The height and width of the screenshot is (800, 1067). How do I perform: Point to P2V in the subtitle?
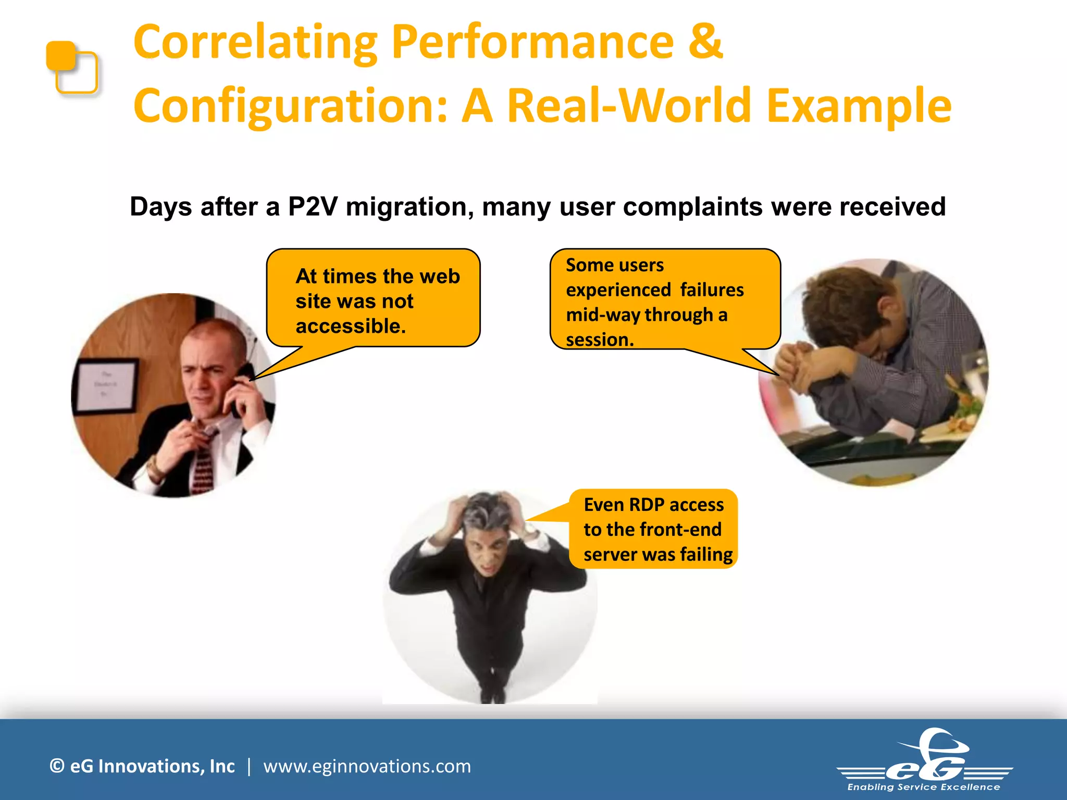tap(313, 207)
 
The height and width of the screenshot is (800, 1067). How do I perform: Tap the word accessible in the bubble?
tap(350, 327)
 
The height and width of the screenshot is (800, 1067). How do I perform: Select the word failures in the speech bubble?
tap(712, 290)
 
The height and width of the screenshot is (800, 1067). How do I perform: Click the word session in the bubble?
tap(599, 340)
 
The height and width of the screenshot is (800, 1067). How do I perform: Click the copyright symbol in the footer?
tap(57, 766)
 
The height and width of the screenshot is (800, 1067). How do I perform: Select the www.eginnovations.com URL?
tap(367, 766)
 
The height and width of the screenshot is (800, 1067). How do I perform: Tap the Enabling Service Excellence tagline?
tap(923, 787)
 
